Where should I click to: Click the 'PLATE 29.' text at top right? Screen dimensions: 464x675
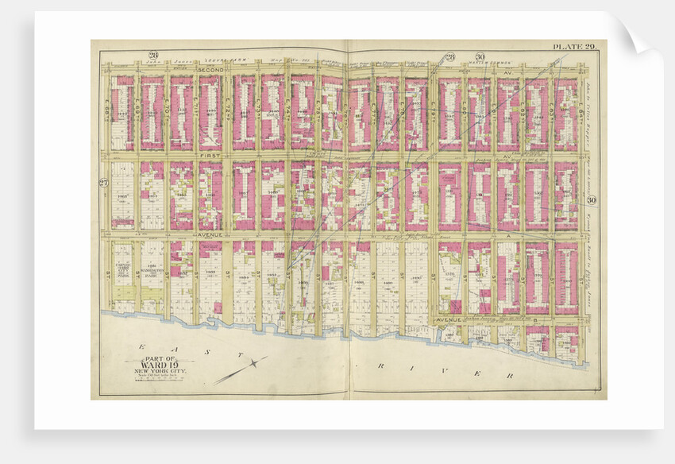tap(576, 47)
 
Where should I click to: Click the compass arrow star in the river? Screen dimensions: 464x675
tap(253, 364)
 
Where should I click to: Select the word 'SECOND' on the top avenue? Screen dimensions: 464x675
tap(210, 71)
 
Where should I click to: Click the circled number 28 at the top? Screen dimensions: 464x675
tap(449, 56)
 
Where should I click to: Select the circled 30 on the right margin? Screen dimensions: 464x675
tap(592, 200)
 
